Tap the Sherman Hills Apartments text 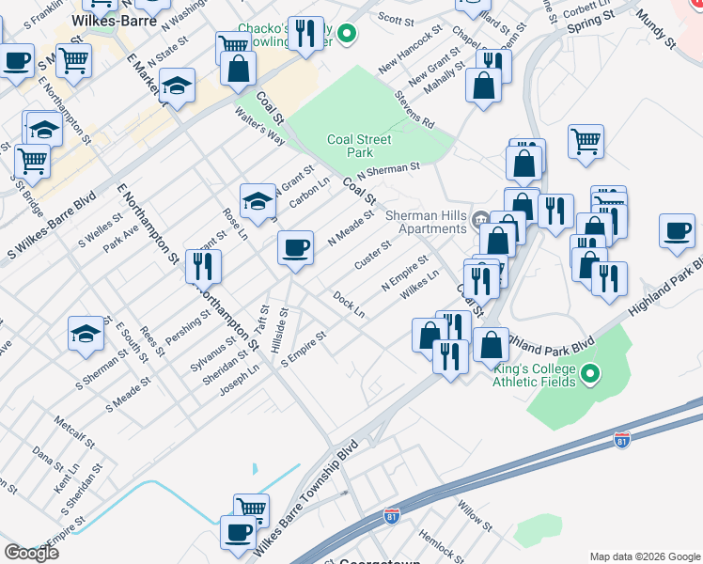pos(427,222)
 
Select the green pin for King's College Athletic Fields pos(590,376)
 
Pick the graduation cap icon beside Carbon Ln pos(257,199)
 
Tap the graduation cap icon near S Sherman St pos(86,334)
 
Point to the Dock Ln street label pos(349,304)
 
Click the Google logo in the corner pos(31,552)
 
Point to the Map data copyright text pos(644,556)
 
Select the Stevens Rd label pos(414,109)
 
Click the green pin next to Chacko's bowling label pos(346,36)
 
